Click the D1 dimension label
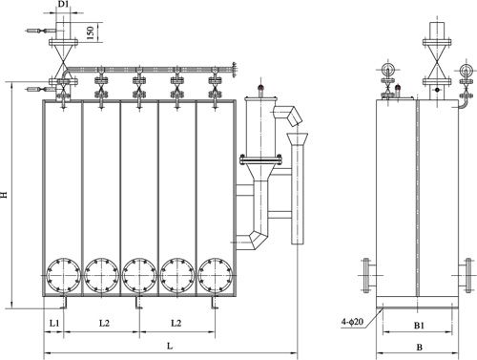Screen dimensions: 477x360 click(x=63, y=4)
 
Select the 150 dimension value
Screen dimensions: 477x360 click(x=91, y=32)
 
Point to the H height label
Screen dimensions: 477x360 click(x=4, y=195)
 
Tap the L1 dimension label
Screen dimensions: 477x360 click(x=54, y=323)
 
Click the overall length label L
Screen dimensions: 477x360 click(x=170, y=346)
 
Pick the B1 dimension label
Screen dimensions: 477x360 click(x=419, y=326)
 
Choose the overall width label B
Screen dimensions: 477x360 click(x=419, y=347)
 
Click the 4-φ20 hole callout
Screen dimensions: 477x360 click(x=352, y=322)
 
